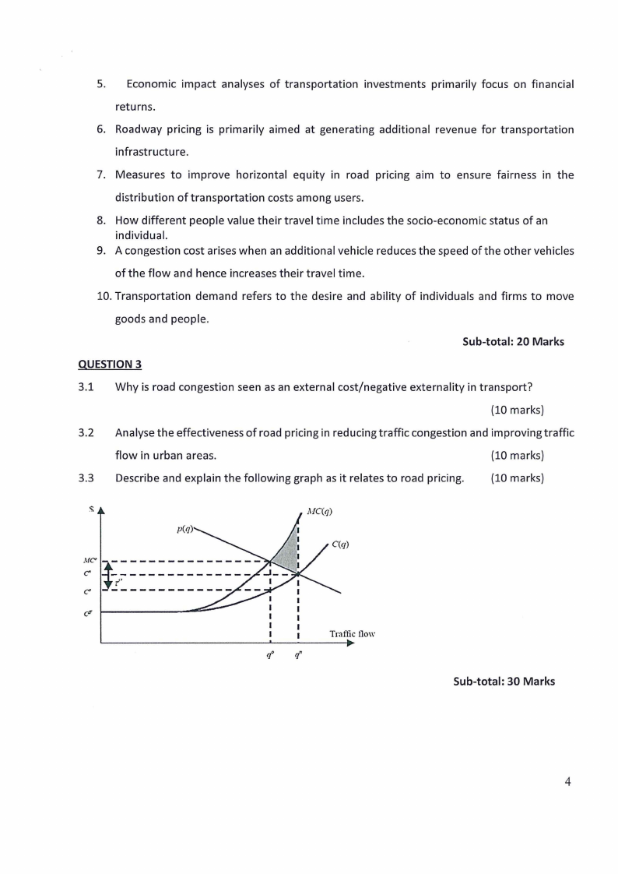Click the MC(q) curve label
click(320, 512)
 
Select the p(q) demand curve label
click(184, 529)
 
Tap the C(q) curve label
click(339, 544)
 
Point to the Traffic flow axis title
click(353, 634)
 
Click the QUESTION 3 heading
click(110, 364)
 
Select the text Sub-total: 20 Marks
click(513, 341)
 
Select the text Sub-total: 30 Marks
click(504, 681)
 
